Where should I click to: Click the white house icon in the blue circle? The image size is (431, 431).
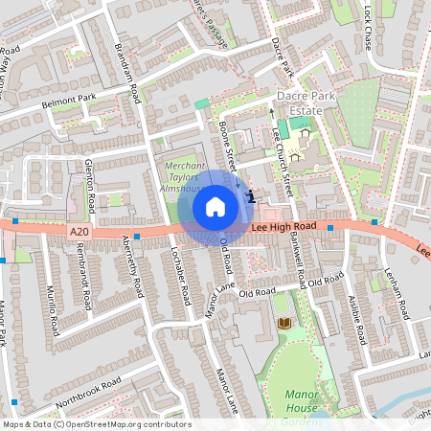point(215,206)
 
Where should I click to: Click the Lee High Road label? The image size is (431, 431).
point(284,227)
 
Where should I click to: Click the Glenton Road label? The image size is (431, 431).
point(89,187)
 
